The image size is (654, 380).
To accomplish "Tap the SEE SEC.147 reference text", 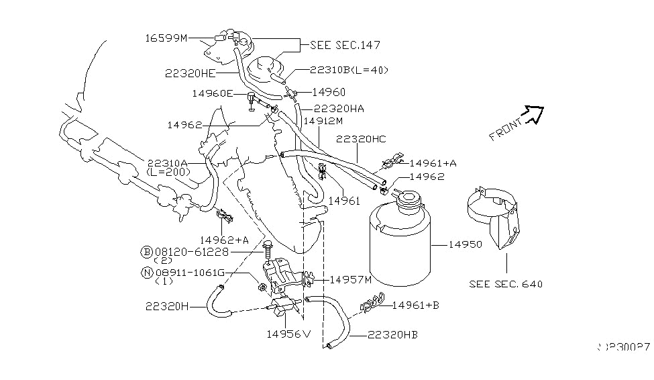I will tap(345, 46).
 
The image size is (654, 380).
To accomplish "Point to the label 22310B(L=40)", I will tap(349, 70).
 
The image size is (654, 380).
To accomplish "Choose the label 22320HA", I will tap(339, 109).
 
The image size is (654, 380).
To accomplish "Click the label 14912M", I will tap(323, 122).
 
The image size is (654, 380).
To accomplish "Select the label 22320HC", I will tap(362, 138).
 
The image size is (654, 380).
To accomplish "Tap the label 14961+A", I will tap(433, 162).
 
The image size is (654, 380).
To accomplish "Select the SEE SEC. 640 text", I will tap(506, 283).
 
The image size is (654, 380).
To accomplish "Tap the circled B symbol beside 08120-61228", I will tap(146, 252).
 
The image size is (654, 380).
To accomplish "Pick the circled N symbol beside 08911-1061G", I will tap(146, 273).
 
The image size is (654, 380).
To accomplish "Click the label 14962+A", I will tap(225, 240).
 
